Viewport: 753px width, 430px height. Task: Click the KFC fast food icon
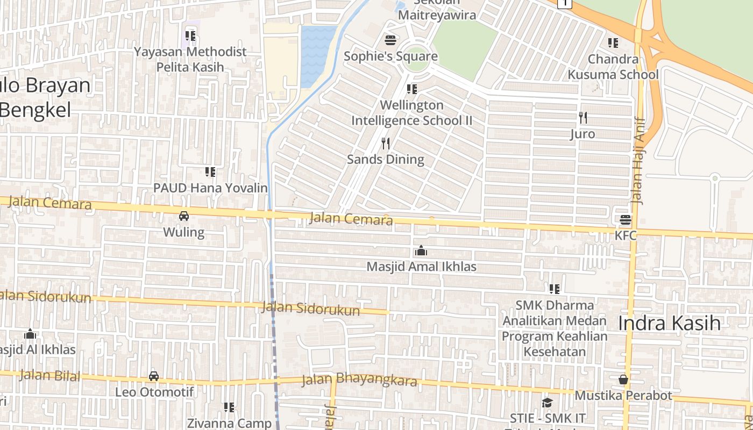(625, 220)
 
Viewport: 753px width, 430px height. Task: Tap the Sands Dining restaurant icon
(385, 144)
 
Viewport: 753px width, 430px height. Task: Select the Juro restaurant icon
(582, 118)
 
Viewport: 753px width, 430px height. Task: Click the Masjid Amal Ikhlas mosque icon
(421, 250)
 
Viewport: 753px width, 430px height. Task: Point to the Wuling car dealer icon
(184, 216)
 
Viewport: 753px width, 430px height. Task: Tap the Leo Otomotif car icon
(154, 376)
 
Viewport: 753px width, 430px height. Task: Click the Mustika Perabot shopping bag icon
(623, 379)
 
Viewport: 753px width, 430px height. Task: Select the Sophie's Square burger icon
(390, 40)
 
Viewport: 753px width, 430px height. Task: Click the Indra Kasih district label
(669, 323)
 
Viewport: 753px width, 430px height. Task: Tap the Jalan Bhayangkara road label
(359, 380)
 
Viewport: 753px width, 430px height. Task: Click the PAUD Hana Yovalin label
(210, 188)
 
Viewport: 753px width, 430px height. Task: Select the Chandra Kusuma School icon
(613, 42)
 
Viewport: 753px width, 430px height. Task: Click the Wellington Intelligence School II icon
(411, 89)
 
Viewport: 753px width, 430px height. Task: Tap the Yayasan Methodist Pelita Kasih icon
(190, 36)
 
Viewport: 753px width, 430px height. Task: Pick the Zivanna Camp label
(229, 423)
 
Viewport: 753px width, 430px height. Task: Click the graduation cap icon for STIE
(547, 403)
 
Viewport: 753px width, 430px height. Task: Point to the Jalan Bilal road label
(49, 375)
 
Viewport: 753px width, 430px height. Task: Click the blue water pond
(318, 56)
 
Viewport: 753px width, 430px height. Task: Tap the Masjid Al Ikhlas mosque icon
(30, 334)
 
